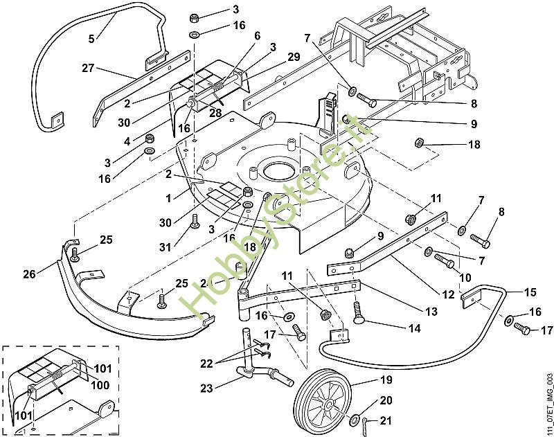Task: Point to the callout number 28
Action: click(215, 113)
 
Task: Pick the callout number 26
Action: click(28, 274)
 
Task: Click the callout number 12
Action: click(449, 295)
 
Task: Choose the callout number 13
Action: click(432, 312)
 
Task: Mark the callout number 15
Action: click(530, 292)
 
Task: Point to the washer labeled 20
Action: click(356, 419)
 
